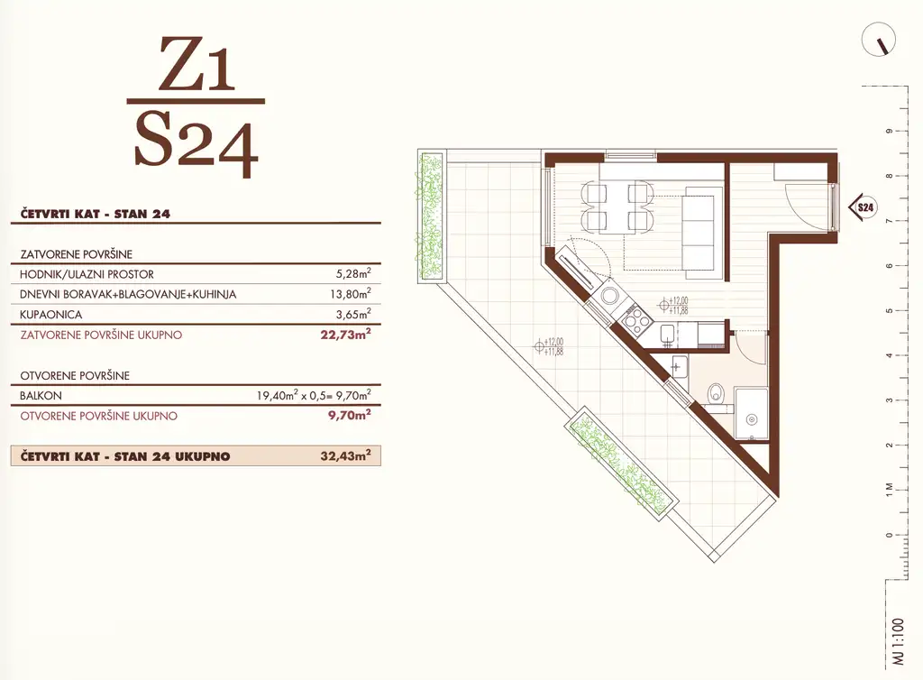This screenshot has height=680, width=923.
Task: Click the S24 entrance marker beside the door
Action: [x=864, y=207]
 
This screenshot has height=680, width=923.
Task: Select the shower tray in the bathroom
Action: [x=751, y=414]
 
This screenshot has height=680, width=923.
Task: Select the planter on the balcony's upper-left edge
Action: [x=430, y=216]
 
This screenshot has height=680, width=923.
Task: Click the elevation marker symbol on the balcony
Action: [x=540, y=345]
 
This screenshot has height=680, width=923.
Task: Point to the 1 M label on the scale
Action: [x=889, y=489]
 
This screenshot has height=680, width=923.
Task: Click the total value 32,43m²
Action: [x=346, y=456]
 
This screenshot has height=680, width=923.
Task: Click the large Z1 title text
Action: [x=196, y=66]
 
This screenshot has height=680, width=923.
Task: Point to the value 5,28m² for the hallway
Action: [x=352, y=274]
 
